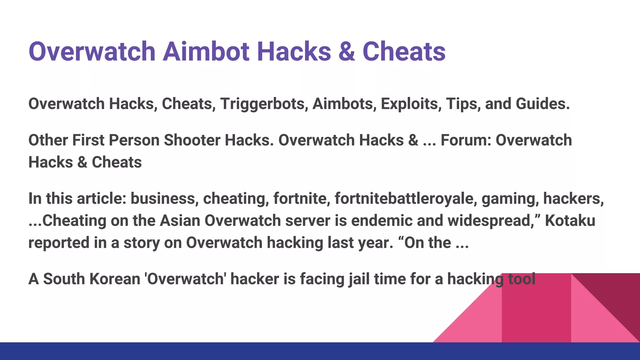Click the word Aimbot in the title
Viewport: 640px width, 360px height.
(x=206, y=52)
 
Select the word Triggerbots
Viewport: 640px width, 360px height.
(x=262, y=104)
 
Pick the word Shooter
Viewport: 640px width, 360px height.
(x=192, y=140)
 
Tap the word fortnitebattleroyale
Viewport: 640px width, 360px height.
(x=406, y=198)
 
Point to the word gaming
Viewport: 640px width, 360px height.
(x=510, y=199)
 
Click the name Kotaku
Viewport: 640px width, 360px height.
(x=570, y=221)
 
